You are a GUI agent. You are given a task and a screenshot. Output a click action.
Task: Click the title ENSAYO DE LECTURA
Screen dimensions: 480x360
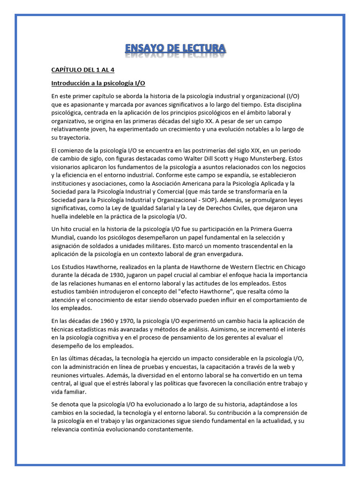tap(176, 48)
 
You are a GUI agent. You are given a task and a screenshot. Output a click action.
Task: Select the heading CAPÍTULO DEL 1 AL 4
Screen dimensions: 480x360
tap(83, 70)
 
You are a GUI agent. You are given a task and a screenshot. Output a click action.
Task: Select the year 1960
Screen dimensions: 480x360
tap(112, 321)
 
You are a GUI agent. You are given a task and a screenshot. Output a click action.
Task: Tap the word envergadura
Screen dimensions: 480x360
tap(220, 254)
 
